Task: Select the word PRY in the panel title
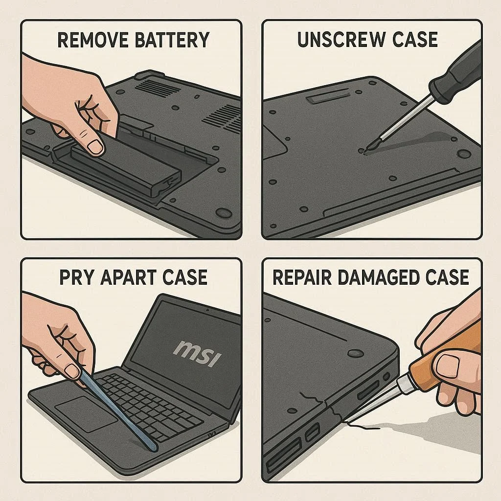coord(77,277)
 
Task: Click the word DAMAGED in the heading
coord(376,277)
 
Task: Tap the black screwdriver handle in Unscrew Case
coord(455,73)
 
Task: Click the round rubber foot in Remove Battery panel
coord(224,213)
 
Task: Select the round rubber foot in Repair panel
coord(355,353)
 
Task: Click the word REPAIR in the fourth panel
coord(300,277)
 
